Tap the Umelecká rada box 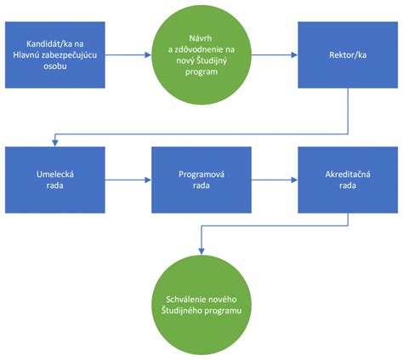[54, 180]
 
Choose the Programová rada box [201, 180]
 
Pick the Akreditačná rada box [347, 180]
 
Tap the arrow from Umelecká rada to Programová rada [128, 180]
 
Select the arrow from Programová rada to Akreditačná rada [274, 180]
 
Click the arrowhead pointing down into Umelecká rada [54, 142]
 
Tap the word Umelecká [54, 174]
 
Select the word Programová [201, 174]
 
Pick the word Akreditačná [347, 174]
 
